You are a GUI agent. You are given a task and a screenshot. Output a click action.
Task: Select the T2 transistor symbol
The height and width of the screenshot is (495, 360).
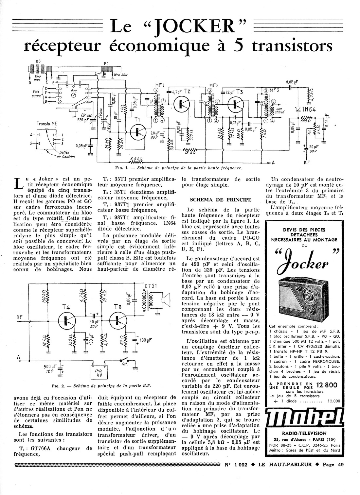[x=180, y=104]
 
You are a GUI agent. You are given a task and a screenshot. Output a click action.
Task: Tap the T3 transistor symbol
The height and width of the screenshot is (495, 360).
[x=235, y=104]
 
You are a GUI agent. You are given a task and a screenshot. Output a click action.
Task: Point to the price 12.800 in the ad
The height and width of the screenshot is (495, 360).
[x=326, y=385]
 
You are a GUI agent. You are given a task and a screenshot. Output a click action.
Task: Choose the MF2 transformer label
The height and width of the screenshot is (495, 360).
[x=214, y=86]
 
